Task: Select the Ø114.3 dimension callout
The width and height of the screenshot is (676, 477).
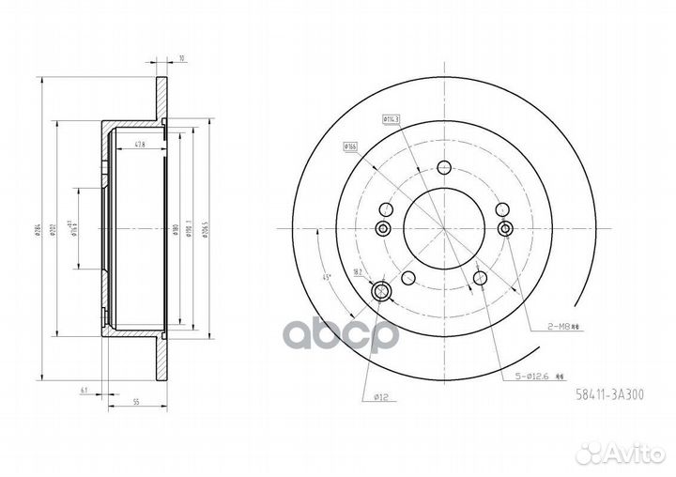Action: pyautogui.click(x=392, y=118)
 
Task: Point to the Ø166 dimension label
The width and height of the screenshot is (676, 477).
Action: pyautogui.click(x=352, y=146)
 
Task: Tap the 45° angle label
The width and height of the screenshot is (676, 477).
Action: pyautogui.click(x=326, y=276)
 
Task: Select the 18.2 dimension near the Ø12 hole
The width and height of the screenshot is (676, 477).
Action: pyautogui.click(x=359, y=271)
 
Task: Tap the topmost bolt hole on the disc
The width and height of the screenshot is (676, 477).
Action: pyautogui.click(x=442, y=169)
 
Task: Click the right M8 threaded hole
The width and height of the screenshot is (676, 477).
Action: pyautogui.click(x=506, y=230)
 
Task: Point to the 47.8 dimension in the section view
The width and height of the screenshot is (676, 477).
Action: pyautogui.click(x=140, y=144)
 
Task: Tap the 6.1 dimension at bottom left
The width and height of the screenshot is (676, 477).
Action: pyautogui.click(x=84, y=387)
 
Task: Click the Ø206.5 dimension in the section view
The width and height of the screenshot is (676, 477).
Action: pyautogui.click(x=204, y=228)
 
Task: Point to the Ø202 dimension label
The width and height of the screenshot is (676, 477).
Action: pyautogui.click(x=57, y=228)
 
